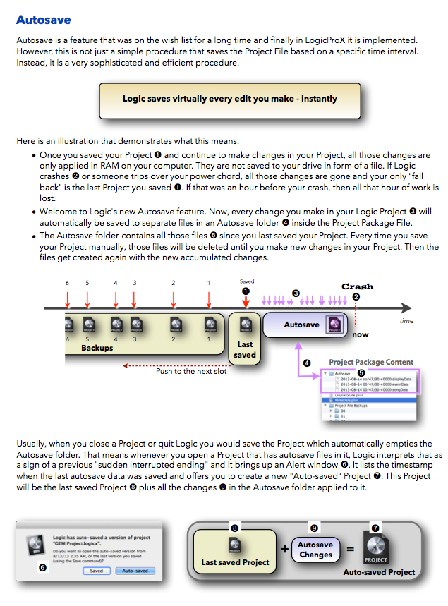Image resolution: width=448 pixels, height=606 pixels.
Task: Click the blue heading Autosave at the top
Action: point(43,20)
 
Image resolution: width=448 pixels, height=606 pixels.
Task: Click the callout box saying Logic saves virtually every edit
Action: point(230,99)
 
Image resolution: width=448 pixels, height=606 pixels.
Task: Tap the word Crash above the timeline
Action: point(357,286)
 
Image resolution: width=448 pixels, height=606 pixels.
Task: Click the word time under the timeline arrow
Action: point(406,320)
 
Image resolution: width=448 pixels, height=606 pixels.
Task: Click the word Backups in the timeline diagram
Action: point(97,348)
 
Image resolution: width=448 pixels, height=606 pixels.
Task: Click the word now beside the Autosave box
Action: point(360,334)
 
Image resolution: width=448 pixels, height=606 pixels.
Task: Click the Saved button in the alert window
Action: point(96,571)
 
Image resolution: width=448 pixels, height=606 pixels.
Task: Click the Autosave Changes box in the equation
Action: point(315,550)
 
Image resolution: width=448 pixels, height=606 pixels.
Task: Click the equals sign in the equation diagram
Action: point(348,549)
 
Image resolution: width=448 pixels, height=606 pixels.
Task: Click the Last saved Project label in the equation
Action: point(235,562)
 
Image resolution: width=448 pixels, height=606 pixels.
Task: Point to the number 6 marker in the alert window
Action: point(42,567)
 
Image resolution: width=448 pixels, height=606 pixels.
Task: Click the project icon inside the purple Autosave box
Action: point(334,324)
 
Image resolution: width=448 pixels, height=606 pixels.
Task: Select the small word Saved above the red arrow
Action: point(246,281)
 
